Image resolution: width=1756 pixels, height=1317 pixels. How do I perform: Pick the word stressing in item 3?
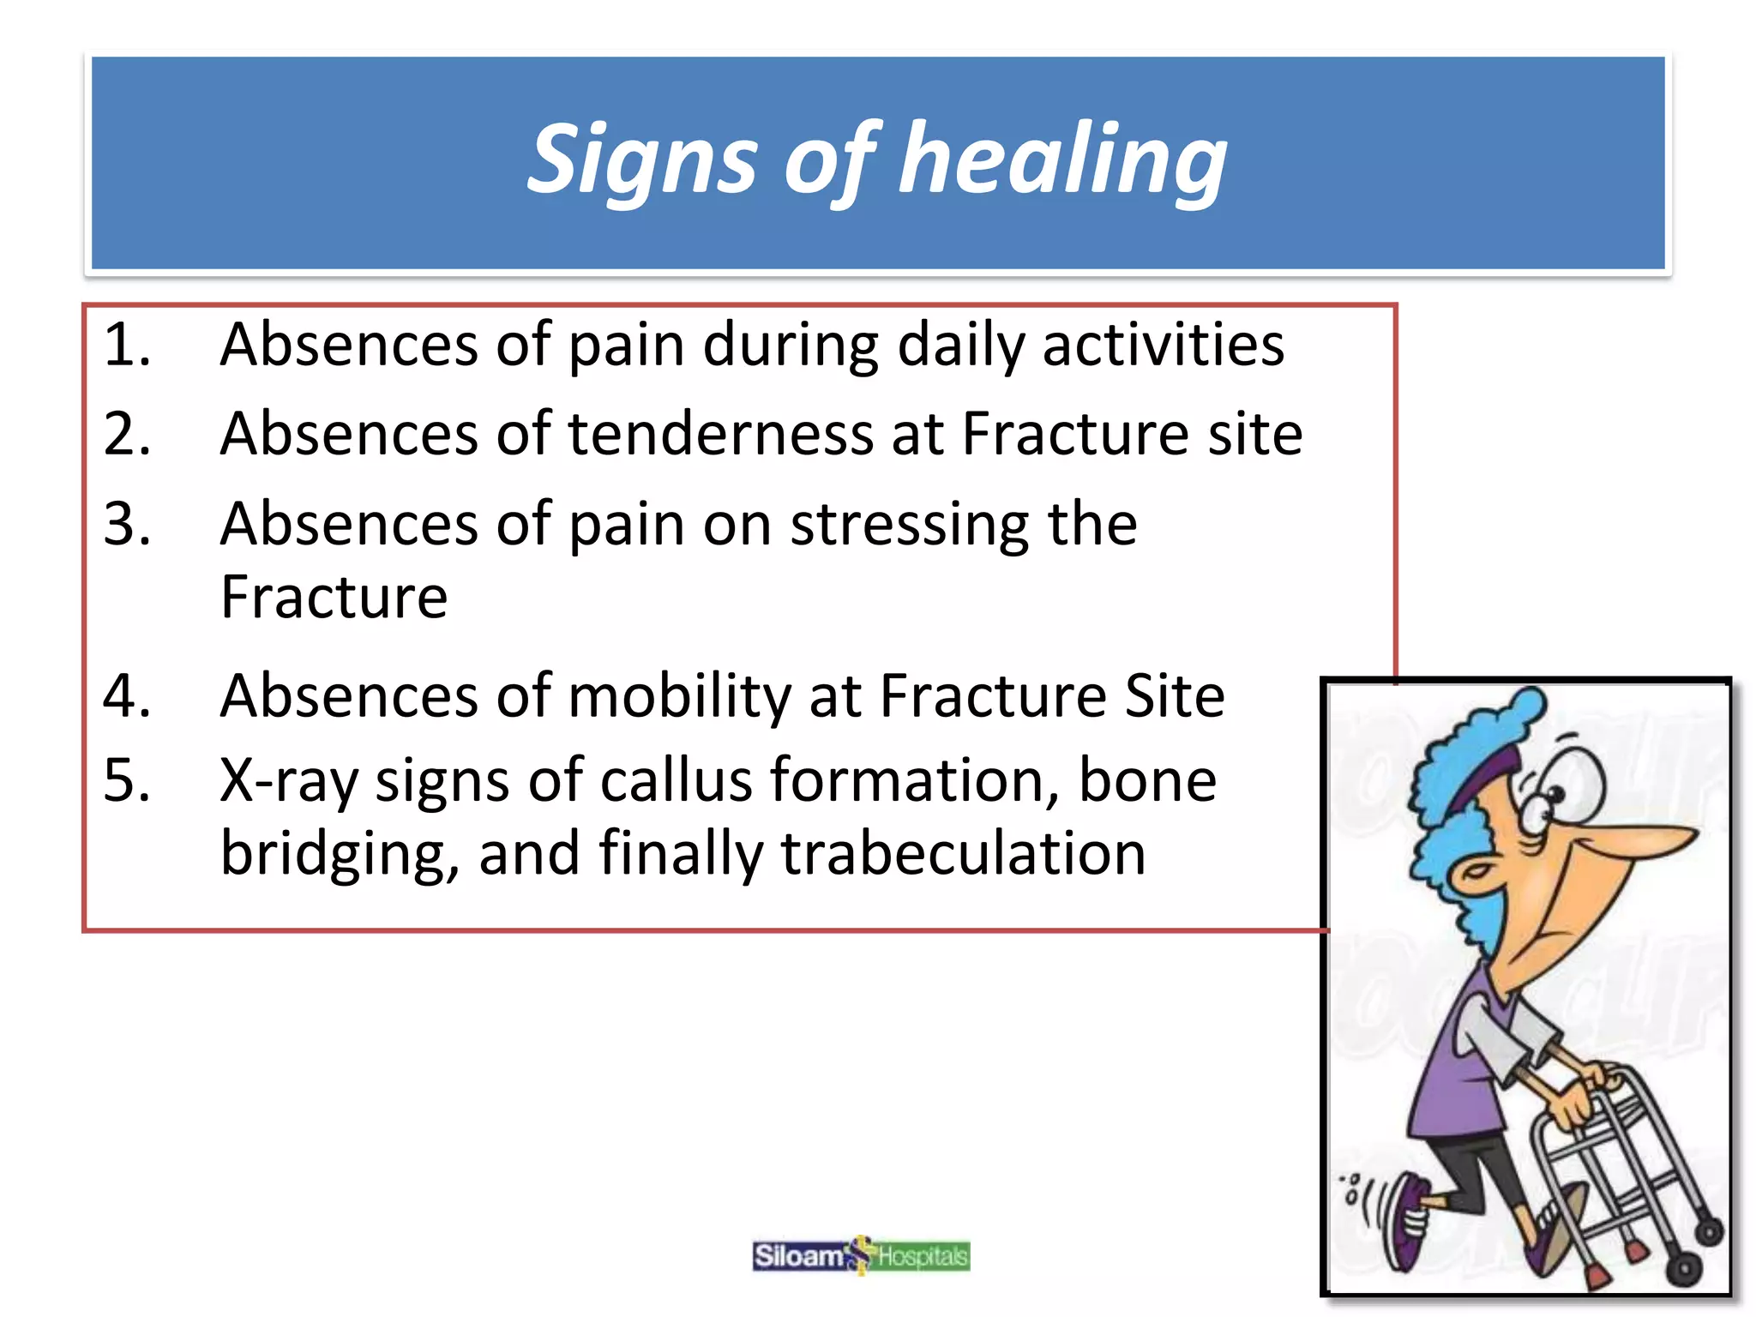(909, 525)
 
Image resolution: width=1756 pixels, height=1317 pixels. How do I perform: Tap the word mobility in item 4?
(679, 695)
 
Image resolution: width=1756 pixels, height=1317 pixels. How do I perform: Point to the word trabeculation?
(962, 854)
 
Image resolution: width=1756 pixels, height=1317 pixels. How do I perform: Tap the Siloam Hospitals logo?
(861, 1256)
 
